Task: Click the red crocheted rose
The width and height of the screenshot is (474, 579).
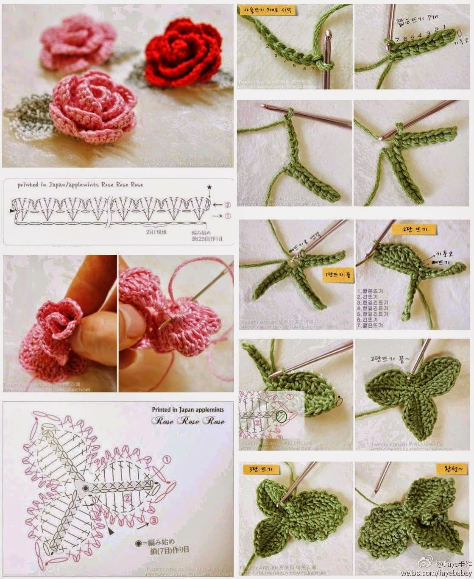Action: (x=183, y=49)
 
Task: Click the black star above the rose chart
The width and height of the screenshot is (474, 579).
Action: (x=209, y=187)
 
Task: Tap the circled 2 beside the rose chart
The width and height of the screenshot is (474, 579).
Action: (x=228, y=205)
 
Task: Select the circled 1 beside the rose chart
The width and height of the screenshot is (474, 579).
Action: (x=228, y=216)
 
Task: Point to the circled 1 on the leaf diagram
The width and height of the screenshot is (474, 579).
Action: (x=166, y=459)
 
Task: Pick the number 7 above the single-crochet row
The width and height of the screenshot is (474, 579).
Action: (x=397, y=39)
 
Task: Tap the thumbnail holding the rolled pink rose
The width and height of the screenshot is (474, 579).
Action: (x=59, y=323)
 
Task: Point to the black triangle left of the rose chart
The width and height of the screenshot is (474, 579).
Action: (x=13, y=209)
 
